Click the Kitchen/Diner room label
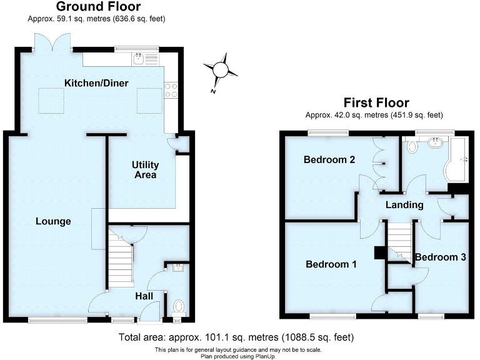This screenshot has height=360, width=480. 96,84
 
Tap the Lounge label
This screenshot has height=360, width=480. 53,221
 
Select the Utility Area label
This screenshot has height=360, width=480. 145,170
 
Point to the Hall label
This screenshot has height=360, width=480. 145,296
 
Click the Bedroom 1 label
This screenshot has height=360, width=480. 331,264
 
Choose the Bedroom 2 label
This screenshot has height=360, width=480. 329,160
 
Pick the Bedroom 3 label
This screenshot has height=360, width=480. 440,257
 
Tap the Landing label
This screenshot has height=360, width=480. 404,205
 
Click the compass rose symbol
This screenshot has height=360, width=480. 220,71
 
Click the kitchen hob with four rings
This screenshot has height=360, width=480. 170,91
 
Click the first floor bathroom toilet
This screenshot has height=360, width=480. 412,147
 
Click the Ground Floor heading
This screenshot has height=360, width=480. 99,7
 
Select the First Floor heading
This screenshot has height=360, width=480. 376,102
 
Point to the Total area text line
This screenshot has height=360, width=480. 236,337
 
